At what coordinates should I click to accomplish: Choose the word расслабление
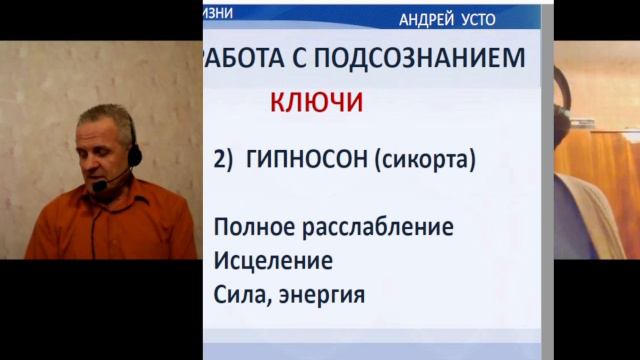click(378, 227)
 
